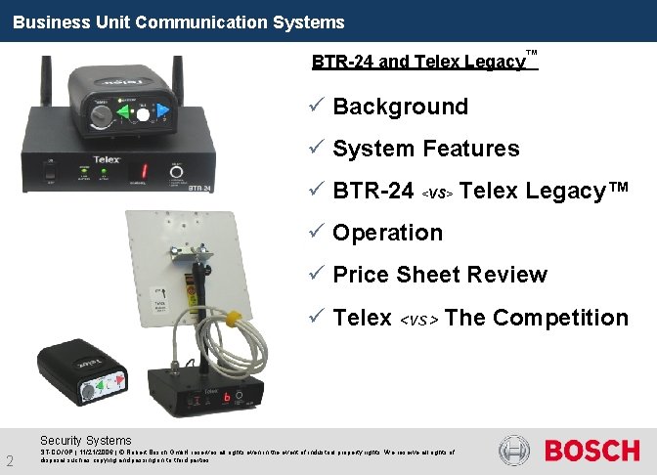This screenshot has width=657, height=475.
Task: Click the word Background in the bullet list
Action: (400, 107)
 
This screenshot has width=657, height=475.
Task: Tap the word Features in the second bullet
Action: (470, 149)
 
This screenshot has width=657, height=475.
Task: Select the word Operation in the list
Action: (387, 233)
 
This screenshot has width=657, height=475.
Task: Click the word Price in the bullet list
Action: (364, 275)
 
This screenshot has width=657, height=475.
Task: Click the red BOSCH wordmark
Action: (591, 451)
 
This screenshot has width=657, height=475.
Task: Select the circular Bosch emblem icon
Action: (515, 451)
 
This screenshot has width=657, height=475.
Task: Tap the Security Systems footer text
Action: (85, 441)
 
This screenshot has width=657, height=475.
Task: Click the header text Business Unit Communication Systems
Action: (179, 22)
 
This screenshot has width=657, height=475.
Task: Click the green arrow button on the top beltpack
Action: (123, 114)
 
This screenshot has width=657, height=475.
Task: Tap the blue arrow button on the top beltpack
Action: (161, 112)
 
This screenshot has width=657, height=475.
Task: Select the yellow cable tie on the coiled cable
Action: (232, 319)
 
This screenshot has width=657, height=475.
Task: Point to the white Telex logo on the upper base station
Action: (107, 153)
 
